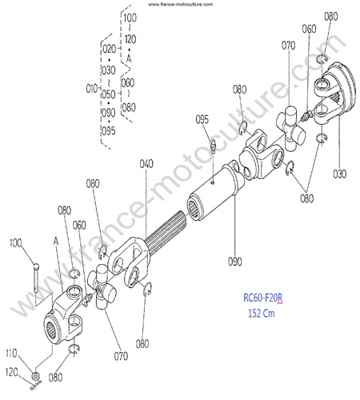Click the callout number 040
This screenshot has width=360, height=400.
tap(146, 164)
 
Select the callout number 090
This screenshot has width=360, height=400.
tap(235, 262)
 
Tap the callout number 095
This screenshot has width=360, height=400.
tap(202, 119)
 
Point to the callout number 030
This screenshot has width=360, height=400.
tap(340, 174)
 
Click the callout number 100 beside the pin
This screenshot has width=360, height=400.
tap(16, 243)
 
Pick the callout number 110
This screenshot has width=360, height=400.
tap(11, 354)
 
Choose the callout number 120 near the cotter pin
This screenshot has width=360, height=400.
tap(12, 372)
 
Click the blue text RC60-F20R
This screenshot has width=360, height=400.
tap(263, 298)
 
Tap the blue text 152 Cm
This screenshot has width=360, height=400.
tap(262, 313)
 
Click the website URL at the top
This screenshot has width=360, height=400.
tap(181, 4)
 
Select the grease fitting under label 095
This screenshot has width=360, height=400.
tap(213, 146)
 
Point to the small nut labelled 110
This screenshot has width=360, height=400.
tap(36, 376)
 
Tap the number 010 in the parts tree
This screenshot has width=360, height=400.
tap(92, 89)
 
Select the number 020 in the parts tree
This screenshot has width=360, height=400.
tap(110, 49)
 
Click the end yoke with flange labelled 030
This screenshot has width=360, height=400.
tap(334, 93)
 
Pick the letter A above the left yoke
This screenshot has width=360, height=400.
tap(55, 241)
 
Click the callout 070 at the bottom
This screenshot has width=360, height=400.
tap(121, 356)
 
